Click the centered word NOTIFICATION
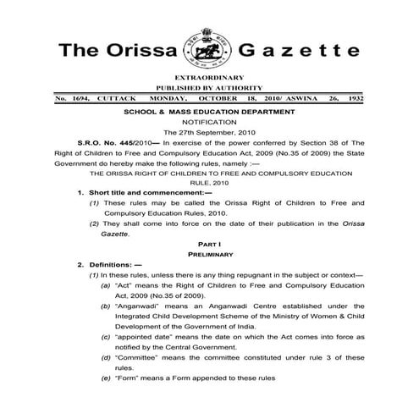(208, 123)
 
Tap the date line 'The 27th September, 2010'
(208, 134)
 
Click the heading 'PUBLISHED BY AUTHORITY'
(209, 88)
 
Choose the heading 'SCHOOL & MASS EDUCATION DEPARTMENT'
(209, 111)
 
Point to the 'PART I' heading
(208, 243)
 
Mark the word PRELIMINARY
(208, 253)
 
